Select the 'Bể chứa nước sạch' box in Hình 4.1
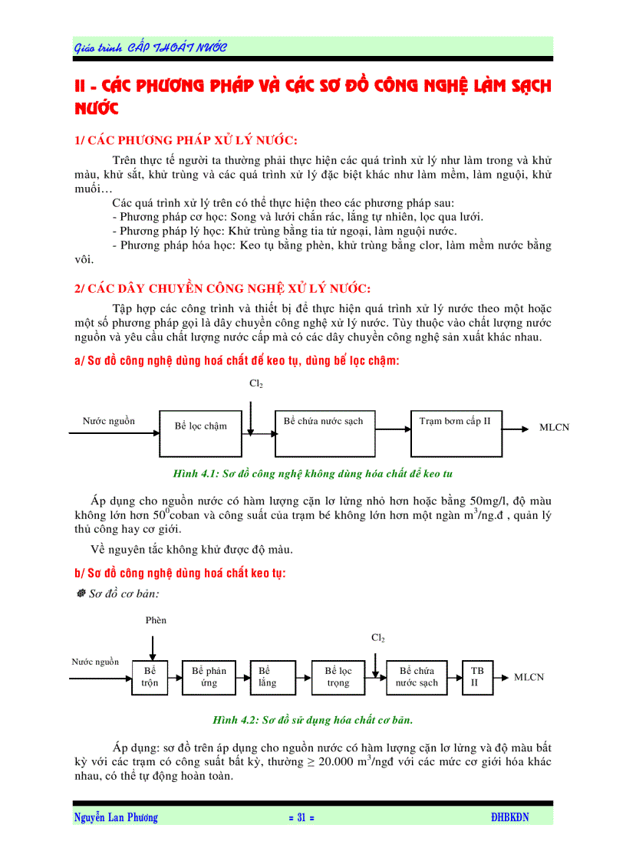coord(323,432)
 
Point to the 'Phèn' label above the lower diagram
coord(156,620)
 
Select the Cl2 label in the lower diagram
coord(378,638)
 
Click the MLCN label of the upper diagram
coord(554,428)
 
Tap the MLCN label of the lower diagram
coord(529,677)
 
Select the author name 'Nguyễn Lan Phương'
coord(116,818)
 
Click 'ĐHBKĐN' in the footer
coord(510,818)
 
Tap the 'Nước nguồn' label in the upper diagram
coord(109,421)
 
